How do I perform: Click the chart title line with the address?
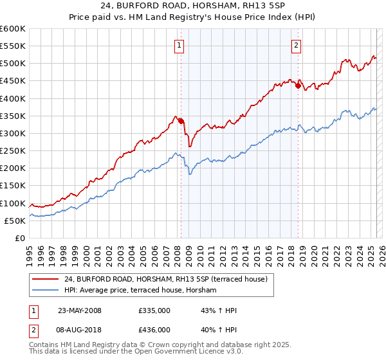[x=192, y=5]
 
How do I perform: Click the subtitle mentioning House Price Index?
[x=192, y=17]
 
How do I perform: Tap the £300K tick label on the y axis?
[x=13, y=134]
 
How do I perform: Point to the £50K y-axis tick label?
[x=15, y=221]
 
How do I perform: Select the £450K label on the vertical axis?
[x=13, y=81]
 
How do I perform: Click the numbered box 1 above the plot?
[x=178, y=45]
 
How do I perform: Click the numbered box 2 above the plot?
[x=296, y=45]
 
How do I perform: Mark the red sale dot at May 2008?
[x=181, y=121]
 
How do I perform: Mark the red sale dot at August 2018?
[x=298, y=85]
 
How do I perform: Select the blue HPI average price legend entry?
[x=140, y=291]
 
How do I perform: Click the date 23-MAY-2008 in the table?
[x=80, y=310]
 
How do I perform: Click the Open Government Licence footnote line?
[x=129, y=353]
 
